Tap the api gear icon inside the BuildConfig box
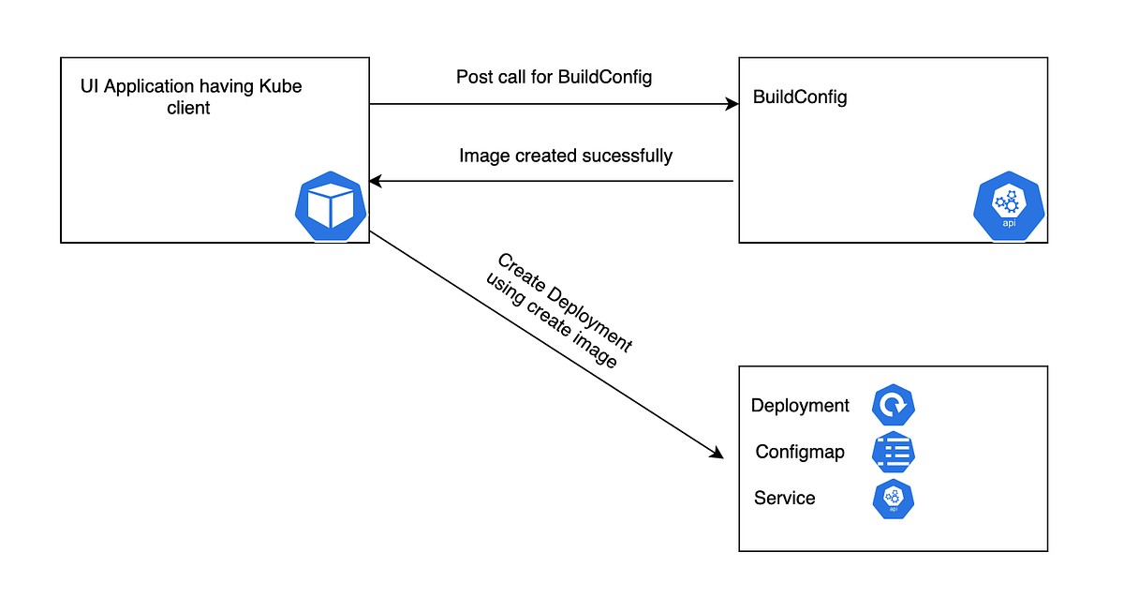coord(1009,207)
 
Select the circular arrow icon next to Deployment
coord(893,406)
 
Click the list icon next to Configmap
coord(893,453)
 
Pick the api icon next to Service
coord(893,499)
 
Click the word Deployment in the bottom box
coord(800,406)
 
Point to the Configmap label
coord(800,452)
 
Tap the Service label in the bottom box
coord(784,499)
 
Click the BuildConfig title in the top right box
coord(800,97)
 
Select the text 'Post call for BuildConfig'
coord(554,77)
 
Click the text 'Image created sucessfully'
coord(565,156)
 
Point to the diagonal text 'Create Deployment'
coord(565,302)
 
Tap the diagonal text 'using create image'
coord(551,321)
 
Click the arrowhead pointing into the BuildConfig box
coord(732,105)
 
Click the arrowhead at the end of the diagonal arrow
coord(717,455)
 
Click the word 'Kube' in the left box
coord(282,87)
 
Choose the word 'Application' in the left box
coord(148,87)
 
